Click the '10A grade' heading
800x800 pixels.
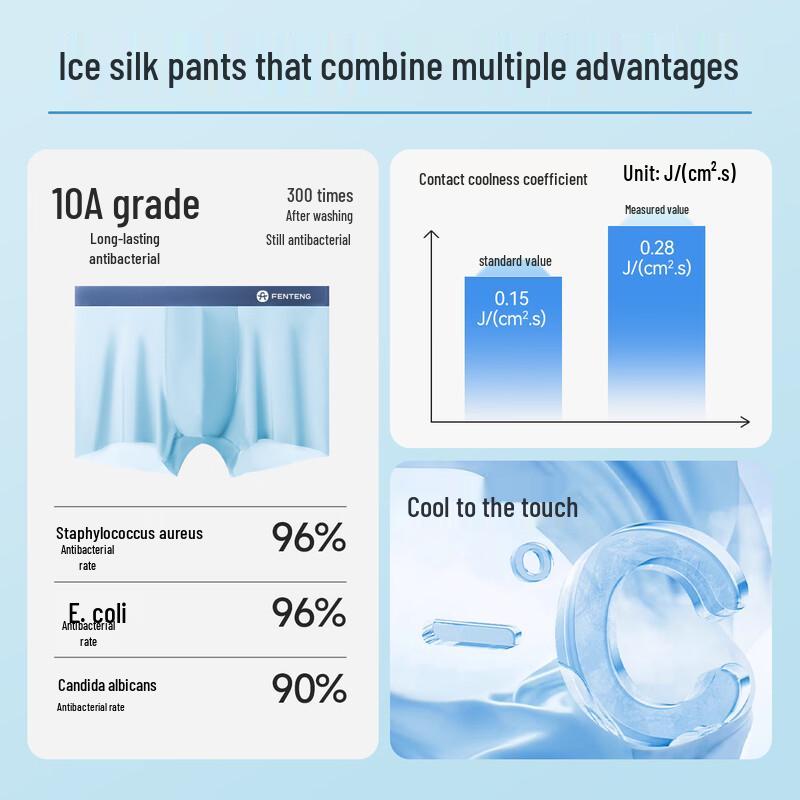point(125,204)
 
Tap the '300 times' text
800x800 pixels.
point(319,195)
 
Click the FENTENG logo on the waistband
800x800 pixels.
point(284,296)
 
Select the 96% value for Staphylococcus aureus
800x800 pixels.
point(308,537)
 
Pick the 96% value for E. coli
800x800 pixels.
point(308,613)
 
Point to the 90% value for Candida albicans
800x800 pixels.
point(308,688)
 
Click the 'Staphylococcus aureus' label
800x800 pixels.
point(129,533)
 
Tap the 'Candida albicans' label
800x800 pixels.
point(107,685)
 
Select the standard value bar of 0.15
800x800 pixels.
point(512,346)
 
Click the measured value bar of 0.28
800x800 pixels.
point(656,320)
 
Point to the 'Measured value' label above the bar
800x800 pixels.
point(656,210)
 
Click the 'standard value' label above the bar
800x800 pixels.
point(514,261)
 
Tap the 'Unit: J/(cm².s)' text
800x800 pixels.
point(679,173)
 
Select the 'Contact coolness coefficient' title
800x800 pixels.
point(502,179)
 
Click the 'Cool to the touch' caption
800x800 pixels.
point(492,507)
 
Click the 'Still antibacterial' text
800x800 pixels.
point(308,240)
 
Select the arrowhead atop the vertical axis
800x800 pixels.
point(432,235)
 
